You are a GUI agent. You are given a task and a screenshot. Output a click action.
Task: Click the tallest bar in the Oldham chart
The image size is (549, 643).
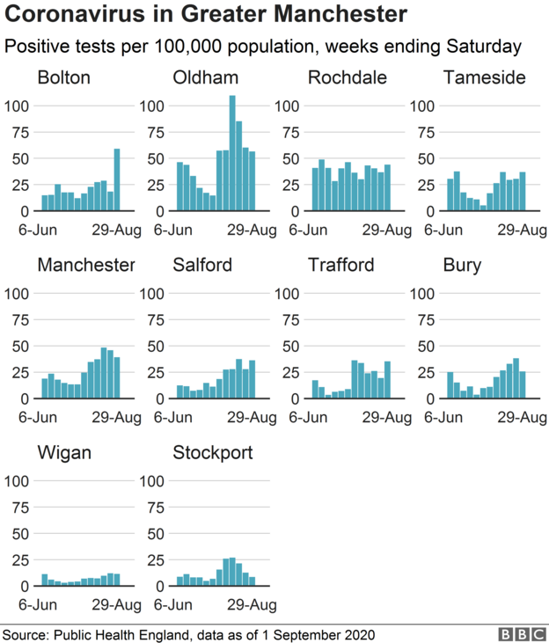pos(232,154)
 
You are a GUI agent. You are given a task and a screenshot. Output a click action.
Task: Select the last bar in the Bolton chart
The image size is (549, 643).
pos(117,180)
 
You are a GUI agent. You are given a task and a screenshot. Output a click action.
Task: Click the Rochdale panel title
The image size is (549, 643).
pos(347,77)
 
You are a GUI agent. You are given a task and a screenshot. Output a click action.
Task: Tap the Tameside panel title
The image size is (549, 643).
pos(485,77)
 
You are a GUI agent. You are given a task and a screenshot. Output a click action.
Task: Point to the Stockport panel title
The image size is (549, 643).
pos(212,453)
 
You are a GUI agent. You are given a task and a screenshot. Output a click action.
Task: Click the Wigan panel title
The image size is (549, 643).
pos(64,453)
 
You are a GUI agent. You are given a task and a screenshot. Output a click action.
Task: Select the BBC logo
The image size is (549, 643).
pos(519,633)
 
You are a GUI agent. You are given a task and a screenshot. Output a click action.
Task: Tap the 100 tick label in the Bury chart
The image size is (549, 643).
pos(425,293)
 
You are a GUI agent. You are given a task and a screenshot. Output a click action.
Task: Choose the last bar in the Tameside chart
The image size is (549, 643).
pos(523,192)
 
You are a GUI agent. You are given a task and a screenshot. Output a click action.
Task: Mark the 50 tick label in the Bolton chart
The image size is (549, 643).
pos(18,159)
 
